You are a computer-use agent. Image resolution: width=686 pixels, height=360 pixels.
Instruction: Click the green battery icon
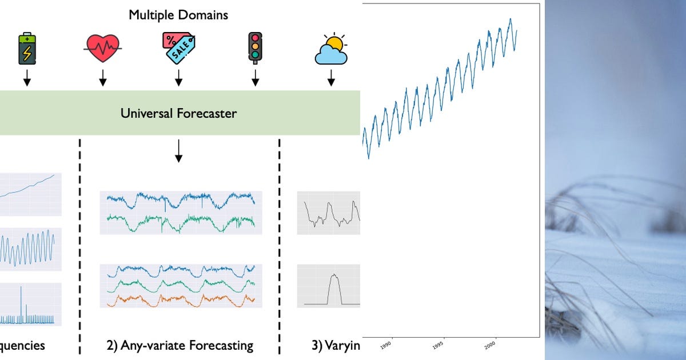tap(27, 47)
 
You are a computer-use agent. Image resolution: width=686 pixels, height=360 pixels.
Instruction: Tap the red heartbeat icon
tap(103, 47)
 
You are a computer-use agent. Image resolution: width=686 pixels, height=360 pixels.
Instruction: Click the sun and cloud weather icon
tap(331, 50)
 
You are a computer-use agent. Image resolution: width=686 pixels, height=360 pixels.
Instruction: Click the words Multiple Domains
tap(178, 15)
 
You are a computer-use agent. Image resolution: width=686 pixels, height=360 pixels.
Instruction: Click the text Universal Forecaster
tap(178, 113)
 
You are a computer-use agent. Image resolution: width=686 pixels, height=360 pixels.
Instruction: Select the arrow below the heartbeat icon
tap(103, 78)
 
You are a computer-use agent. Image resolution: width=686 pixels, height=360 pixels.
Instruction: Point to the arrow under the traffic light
tap(255, 78)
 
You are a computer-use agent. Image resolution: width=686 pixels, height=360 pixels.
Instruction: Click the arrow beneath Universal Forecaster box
tap(178, 150)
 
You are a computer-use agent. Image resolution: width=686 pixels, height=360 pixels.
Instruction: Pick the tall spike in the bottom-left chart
tap(21, 303)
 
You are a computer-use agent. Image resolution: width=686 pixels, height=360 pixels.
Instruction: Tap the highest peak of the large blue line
tap(510, 19)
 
